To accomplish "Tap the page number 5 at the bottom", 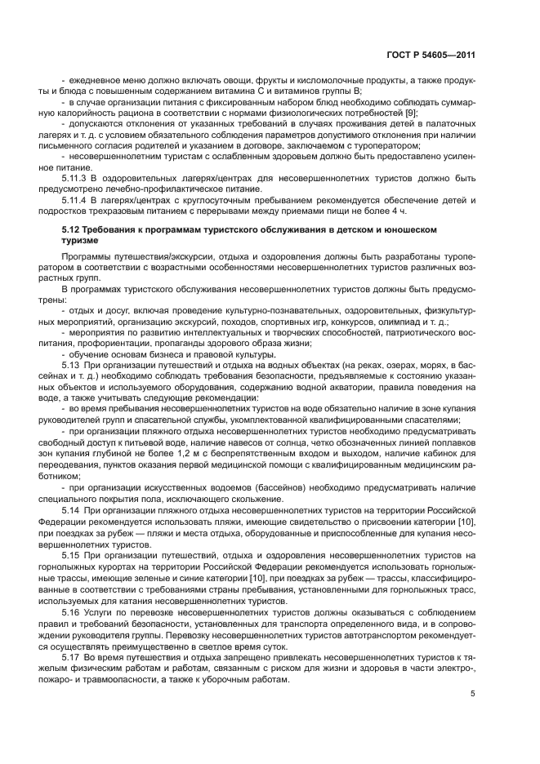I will [x=472, y=695].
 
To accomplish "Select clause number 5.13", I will [x=71, y=364].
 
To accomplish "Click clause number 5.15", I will [x=71, y=555].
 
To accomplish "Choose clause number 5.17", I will [x=71, y=657].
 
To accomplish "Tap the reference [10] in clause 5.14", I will [x=467, y=521].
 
